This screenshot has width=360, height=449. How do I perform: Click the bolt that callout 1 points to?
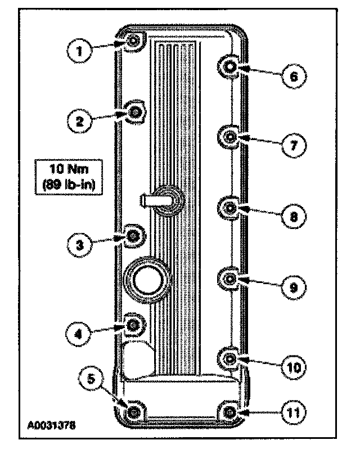coord(133,41)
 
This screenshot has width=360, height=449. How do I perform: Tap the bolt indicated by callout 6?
coord(229,67)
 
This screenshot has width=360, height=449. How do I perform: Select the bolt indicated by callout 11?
coord(229,413)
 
